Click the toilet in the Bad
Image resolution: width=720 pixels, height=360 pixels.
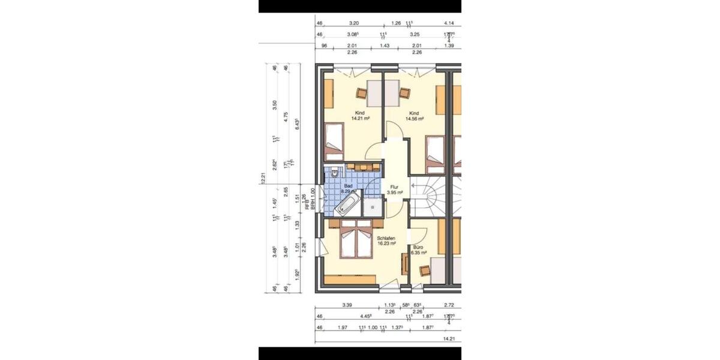pos(335,172)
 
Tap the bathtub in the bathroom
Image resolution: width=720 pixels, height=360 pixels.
pos(347,207)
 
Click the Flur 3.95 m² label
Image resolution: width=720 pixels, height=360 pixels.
pos(394,190)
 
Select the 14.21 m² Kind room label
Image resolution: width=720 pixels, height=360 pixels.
pos(360,116)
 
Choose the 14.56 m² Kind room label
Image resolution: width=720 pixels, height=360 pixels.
pos(414,116)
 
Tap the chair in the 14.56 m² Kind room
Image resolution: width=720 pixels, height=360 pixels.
pos(404,93)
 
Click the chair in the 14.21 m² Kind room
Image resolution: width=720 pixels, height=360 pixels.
pos(361,93)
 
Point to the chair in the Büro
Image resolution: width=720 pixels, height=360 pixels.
pos(425,270)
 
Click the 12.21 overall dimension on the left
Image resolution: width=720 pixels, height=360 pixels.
pos(262,179)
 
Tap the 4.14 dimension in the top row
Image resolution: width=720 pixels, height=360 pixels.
pos(449,23)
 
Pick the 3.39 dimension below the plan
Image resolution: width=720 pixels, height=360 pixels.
pos(347,305)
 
